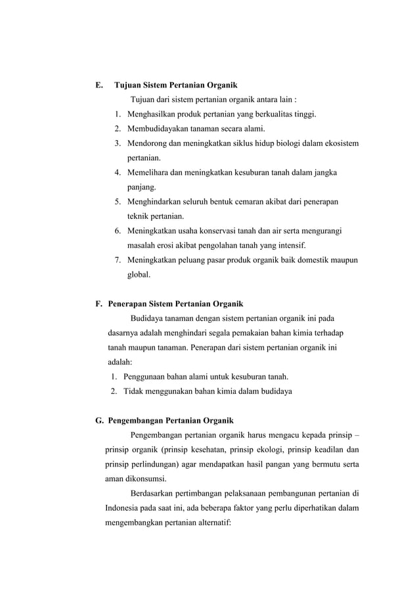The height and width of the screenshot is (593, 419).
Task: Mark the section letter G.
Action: point(100,421)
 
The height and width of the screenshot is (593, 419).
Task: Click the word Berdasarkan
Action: point(155,493)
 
